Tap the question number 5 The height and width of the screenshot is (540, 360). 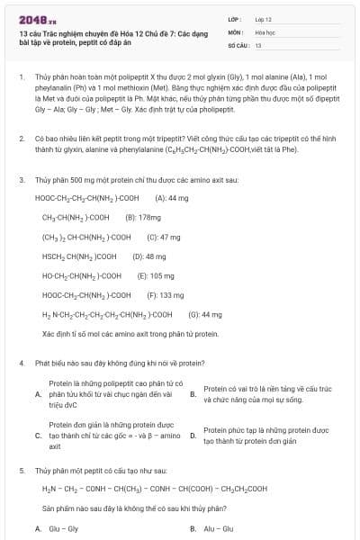pyautogui.click(x=21, y=470)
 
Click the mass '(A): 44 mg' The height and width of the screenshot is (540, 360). pyautogui.click(x=172, y=197)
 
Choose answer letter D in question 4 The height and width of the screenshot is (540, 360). pyautogui.click(x=193, y=436)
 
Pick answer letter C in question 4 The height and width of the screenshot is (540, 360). pyautogui.click(x=38, y=436)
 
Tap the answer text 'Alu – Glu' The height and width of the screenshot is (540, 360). pyautogui.click(x=218, y=528)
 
